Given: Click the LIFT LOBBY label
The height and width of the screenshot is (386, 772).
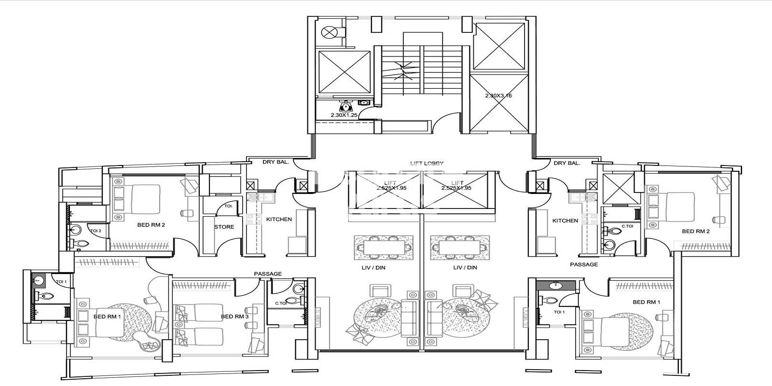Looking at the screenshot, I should [x=427, y=164].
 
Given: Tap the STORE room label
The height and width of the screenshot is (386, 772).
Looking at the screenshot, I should [x=224, y=227].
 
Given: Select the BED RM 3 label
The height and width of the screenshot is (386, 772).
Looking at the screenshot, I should [x=234, y=317].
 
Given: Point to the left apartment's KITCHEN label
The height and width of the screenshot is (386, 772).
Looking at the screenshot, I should [x=279, y=220].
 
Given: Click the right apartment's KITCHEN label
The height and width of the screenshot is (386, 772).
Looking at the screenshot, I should [x=565, y=221].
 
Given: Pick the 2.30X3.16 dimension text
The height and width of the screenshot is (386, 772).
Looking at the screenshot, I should [x=498, y=96].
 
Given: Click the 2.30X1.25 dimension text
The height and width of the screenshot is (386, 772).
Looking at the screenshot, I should [x=344, y=115].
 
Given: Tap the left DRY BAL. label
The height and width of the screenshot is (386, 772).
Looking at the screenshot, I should [x=276, y=162].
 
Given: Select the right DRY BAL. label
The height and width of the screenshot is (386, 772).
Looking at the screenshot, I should [x=567, y=163].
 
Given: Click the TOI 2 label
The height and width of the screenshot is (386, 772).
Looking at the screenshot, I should [x=96, y=231].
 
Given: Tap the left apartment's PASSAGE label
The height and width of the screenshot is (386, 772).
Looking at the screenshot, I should [x=268, y=274].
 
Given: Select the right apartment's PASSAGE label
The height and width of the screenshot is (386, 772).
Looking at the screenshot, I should [x=584, y=264].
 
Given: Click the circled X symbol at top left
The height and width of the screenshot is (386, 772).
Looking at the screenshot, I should [x=330, y=32].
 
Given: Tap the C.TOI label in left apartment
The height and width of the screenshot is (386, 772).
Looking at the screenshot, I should [x=281, y=303].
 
